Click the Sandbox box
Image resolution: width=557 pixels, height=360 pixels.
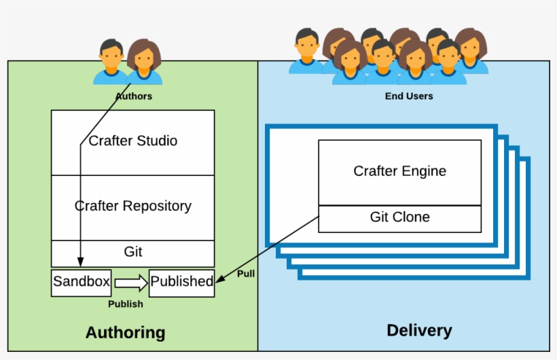tap(82, 283)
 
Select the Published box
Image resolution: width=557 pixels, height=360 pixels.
tap(182, 283)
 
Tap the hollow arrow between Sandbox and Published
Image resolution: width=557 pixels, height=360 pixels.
tap(131, 283)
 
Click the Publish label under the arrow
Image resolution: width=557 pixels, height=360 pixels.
tap(126, 304)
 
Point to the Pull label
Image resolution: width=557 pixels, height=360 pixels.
tap(246, 274)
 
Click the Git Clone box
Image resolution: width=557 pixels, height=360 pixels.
tap(400, 219)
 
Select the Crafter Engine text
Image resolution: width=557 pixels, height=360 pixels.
tap(399, 171)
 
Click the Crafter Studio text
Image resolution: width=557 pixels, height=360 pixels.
tap(133, 141)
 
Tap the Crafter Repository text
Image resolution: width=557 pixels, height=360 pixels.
tap(133, 206)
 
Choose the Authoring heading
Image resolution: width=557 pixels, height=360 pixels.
tap(126, 333)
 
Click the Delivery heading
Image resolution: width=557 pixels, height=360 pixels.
tap(420, 331)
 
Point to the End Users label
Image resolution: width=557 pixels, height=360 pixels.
tap(409, 96)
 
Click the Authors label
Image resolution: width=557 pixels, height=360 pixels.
tap(134, 96)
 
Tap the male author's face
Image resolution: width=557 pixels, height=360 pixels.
tap(111, 58)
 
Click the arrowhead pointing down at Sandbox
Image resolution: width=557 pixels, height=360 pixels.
tap(81, 262)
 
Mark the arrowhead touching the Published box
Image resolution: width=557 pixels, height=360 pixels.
tap(219, 278)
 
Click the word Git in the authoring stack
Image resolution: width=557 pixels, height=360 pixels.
tap(133, 252)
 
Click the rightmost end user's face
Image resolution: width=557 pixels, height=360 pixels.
tap(471, 48)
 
